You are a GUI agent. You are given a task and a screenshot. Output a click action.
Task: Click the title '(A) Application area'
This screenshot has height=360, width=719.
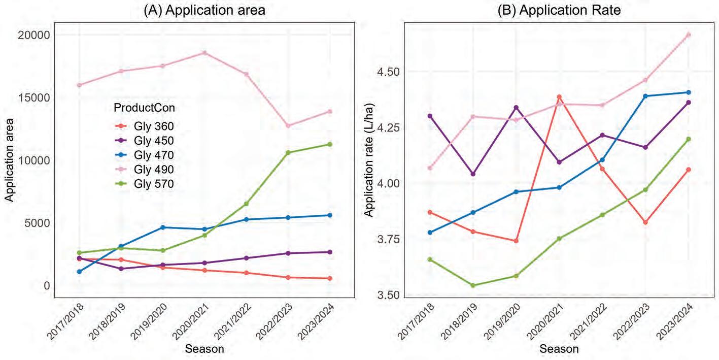pyautogui.click(x=204, y=10)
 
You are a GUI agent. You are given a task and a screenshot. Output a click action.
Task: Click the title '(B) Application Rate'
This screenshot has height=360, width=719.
pyautogui.click(x=559, y=10)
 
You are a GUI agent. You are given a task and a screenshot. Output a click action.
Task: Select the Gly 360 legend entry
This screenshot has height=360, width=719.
pyautogui.click(x=145, y=126)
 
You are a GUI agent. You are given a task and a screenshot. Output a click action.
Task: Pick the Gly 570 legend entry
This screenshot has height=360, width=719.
pyautogui.click(x=145, y=184)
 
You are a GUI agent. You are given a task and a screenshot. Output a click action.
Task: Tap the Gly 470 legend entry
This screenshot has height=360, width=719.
pyautogui.click(x=145, y=155)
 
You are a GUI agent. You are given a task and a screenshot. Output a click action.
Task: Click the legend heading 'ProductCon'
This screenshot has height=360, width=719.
pyautogui.click(x=144, y=108)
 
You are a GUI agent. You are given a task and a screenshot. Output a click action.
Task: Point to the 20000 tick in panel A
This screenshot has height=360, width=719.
pyautogui.click(x=33, y=35)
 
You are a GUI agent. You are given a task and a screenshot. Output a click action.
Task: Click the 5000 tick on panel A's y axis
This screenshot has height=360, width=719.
pyautogui.click(x=37, y=223)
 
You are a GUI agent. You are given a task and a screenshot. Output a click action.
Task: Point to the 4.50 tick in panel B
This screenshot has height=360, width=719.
pyautogui.click(x=388, y=72)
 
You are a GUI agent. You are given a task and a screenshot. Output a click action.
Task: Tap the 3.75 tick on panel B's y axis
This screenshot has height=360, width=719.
pyautogui.click(x=388, y=239)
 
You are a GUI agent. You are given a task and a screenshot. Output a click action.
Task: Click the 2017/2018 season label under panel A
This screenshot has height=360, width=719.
pyautogui.click(x=65, y=321)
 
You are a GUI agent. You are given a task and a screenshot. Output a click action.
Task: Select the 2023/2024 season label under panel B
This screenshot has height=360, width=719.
pyautogui.click(x=674, y=321)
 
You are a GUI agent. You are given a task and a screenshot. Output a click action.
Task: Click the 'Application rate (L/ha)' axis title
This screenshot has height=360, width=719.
pyautogui.click(x=369, y=160)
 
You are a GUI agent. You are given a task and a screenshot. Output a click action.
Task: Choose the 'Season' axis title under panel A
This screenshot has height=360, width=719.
pyautogui.click(x=204, y=349)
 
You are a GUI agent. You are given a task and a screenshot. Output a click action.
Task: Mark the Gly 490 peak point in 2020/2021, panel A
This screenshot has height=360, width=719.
pyautogui.click(x=204, y=53)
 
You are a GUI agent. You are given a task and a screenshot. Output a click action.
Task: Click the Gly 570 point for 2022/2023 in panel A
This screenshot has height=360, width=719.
pyautogui.click(x=288, y=152)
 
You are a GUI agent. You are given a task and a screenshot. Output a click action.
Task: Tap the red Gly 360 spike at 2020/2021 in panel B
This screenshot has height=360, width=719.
pyautogui.click(x=559, y=96)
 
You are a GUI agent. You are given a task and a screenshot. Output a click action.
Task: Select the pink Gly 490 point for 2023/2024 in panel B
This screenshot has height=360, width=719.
pyautogui.click(x=688, y=35)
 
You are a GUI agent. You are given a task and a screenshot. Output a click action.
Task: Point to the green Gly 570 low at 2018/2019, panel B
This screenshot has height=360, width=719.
pyautogui.click(x=473, y=285)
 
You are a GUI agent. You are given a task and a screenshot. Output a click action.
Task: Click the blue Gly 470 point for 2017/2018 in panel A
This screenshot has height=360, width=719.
pyautogui.click(x=80, y=272)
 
